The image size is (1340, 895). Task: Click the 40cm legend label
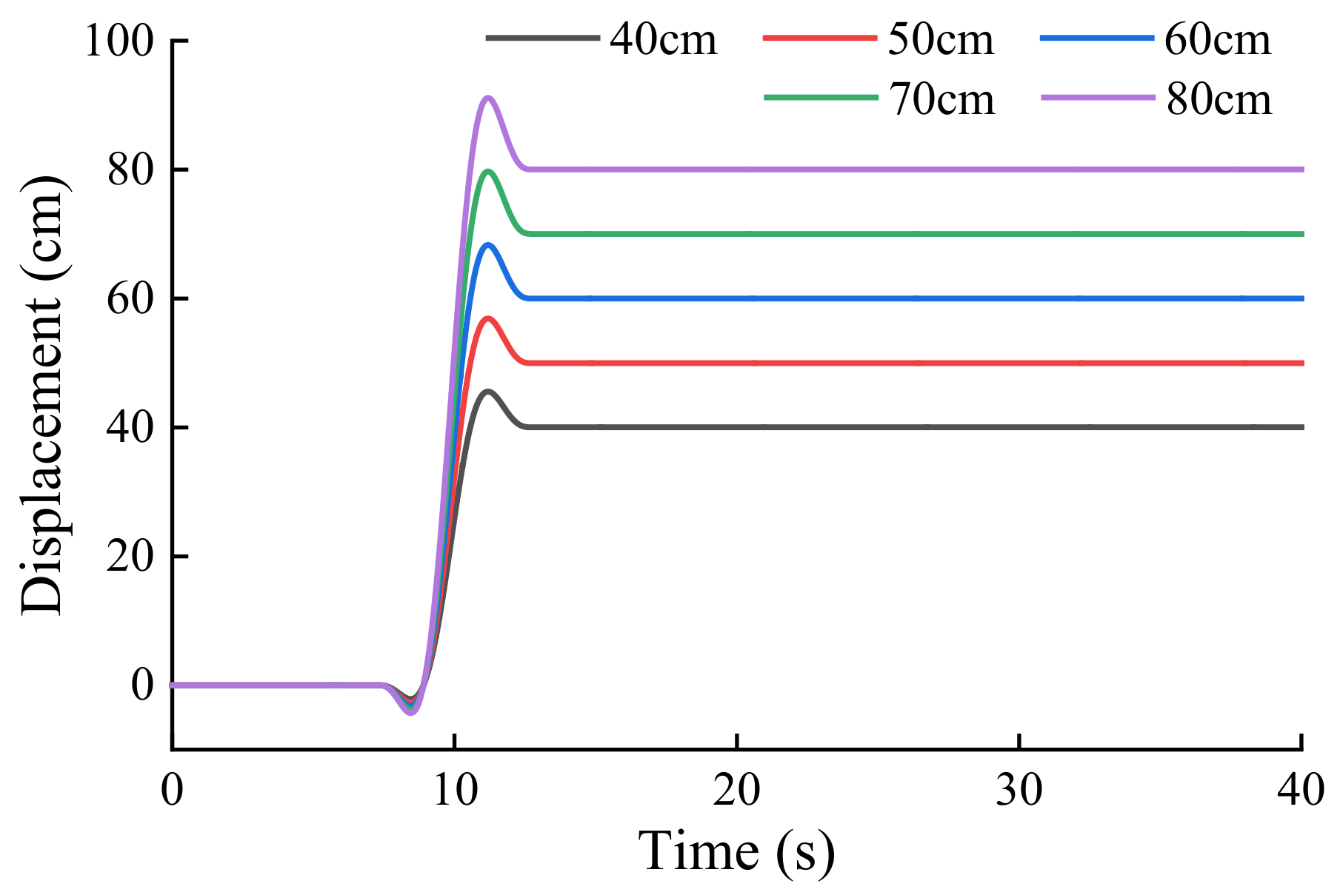(663, 40)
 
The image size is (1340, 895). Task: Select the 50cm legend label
(941, 40)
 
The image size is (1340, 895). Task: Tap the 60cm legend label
(1218, 40)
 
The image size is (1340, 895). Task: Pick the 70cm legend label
(941, 99)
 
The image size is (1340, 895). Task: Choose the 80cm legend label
(1219, 99)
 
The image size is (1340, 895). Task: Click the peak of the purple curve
(487, 98)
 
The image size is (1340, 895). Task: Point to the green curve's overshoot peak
(488, 171)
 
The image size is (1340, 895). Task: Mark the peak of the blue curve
(488, 244)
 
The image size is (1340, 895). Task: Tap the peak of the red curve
(488, 318)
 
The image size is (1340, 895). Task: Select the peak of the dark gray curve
(487, 391)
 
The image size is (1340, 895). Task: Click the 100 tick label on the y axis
(119, 41)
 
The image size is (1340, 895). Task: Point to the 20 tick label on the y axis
(130, 557)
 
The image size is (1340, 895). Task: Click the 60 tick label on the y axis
(130, 299)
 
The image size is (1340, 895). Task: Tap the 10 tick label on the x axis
(455, 791)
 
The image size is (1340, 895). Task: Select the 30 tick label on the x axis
(1019, 791)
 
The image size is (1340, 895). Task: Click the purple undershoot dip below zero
(412, 713)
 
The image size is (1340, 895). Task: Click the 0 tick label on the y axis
(142, 686)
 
